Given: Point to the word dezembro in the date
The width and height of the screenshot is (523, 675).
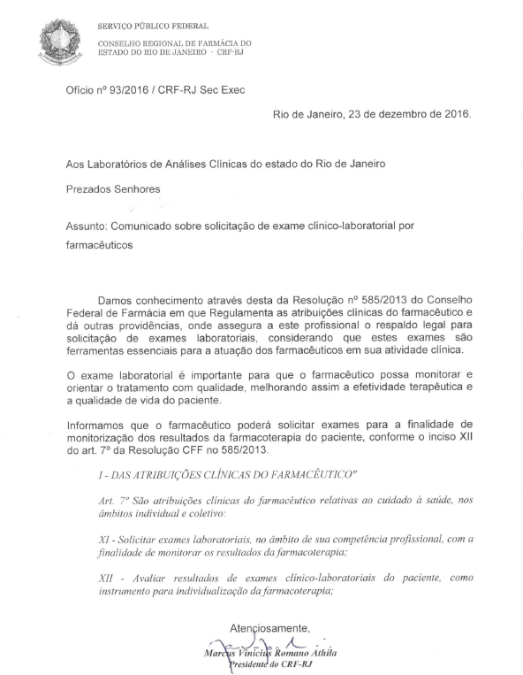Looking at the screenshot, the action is click(x=391, y=114).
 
